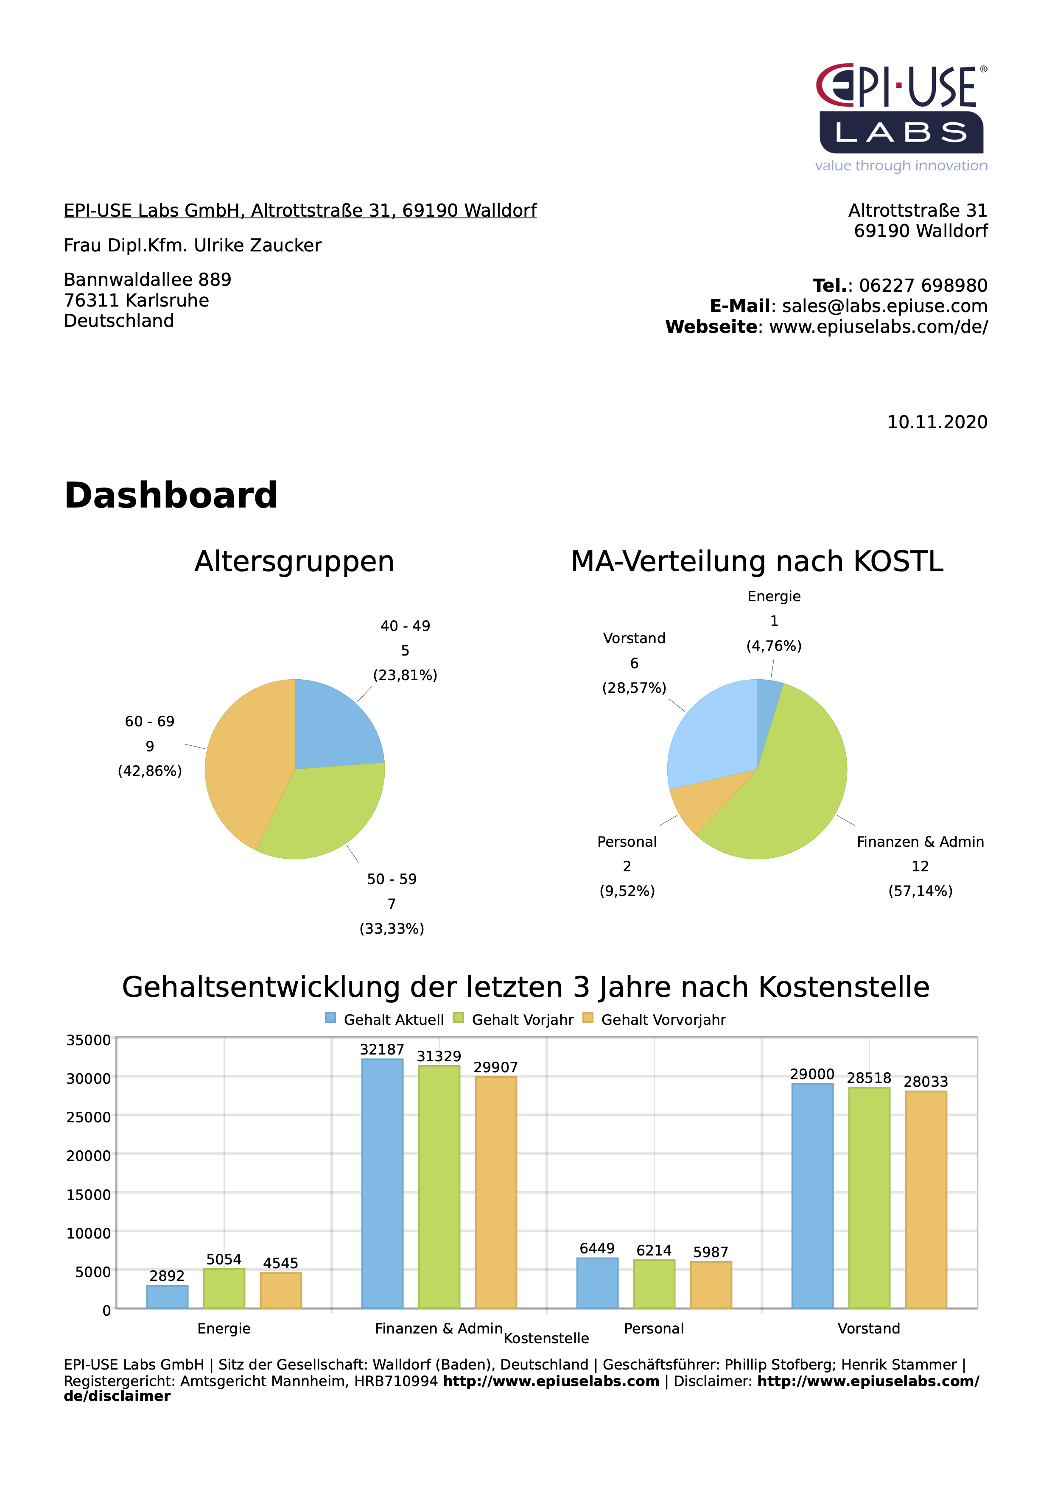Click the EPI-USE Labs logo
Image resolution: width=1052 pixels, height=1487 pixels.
901,117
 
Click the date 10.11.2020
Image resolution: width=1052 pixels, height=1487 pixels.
937,422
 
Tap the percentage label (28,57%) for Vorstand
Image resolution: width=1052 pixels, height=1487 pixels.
634,688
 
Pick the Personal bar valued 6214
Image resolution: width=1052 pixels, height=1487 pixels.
654,1284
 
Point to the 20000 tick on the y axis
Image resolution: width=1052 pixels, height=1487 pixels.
89,1156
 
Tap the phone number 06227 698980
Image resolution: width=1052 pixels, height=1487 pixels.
923,286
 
